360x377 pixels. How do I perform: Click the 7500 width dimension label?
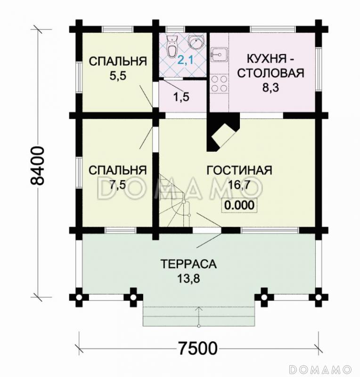(x=197, y=349)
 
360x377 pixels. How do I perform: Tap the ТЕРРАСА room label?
(x=188, y=264)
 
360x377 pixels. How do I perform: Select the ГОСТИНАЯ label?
(x=239, y=170)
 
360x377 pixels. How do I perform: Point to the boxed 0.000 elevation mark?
(x=239, y=205)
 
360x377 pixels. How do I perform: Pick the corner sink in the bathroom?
(x=195, y=41)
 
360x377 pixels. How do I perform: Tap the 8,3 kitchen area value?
(x=270, y=88)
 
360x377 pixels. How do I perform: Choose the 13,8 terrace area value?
(x=188, y=278)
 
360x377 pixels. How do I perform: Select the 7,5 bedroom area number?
(x=117, y=184)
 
